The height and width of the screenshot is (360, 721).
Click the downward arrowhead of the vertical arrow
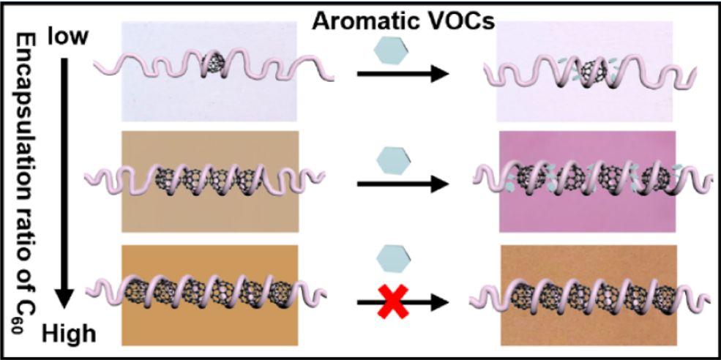point(66,296)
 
